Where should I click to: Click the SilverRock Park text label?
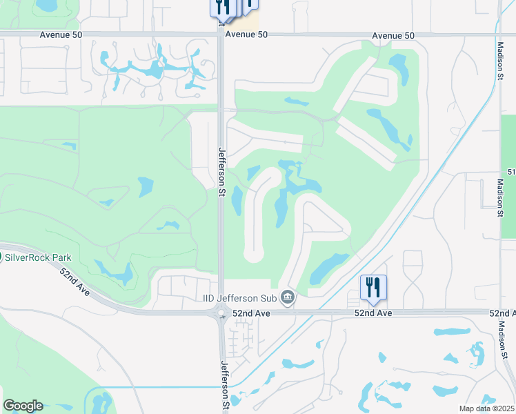[39, 257]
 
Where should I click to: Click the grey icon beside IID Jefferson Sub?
[288, 298]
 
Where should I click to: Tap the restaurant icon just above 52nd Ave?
[373, 287]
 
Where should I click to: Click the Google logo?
[23, 406]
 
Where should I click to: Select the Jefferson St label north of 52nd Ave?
[222, 168]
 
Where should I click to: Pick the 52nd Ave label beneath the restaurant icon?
[375, 313]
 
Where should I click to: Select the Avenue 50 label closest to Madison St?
[393, 35]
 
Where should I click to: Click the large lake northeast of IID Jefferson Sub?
[330, 268]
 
